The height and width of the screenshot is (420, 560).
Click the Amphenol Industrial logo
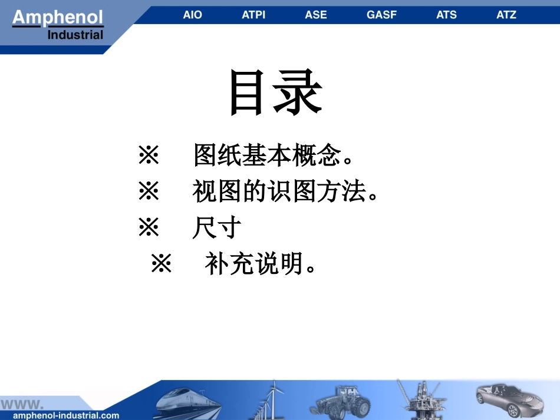58,25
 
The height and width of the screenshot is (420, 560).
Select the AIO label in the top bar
192,15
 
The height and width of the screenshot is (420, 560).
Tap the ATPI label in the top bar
254,15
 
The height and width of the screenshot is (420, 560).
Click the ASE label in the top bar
316,15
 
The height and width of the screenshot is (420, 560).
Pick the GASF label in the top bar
381,15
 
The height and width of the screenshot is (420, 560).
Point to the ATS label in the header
446,15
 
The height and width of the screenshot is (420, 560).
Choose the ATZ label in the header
506,15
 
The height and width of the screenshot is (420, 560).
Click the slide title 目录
276,92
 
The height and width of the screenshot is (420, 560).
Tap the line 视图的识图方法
285,192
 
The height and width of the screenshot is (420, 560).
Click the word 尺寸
217,228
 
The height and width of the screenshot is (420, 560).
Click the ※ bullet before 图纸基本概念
149,156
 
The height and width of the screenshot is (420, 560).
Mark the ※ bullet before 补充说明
161,264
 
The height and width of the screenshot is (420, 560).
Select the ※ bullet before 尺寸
149,228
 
